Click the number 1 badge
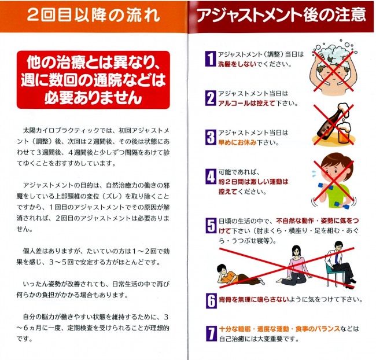(211, 58)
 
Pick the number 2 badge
(211, 97)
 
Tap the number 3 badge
(211, 137)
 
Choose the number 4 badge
(211, 177)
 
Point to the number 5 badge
(211, 226)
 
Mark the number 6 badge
(211, 300)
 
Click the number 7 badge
(211, 334)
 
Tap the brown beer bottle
(326, 122)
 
